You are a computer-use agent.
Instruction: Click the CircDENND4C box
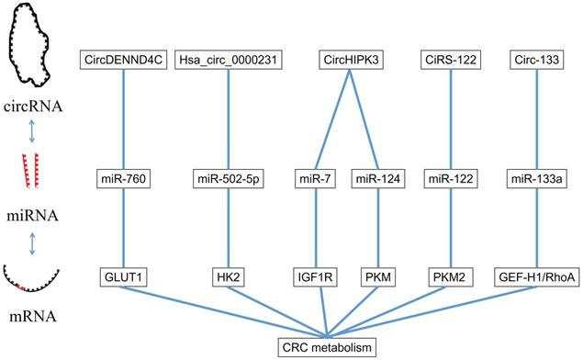[x=123, y=60]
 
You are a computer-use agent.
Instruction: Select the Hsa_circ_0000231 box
[x=229, y=60]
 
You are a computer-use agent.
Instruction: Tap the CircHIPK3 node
[x=351, y=60]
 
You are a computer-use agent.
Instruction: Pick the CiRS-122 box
[x=451, y=60]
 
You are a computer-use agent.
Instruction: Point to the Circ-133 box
[x=536, y=60]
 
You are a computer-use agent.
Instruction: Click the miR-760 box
[x=123, y=179]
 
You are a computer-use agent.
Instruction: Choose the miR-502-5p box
[x=229, y=179]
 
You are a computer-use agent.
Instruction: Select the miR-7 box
[x=315, y=179]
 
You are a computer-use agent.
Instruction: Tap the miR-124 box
[x=378, y=179]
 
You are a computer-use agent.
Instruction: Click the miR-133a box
[x=536, y=179]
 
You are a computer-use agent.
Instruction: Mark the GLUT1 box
[x=123, y=277]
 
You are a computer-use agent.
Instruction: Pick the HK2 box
[x=229, y=277]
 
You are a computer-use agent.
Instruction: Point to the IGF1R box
[x=315, y=277]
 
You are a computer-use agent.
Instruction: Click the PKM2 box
[x=451, y=277]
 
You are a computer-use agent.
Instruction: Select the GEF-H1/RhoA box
[x=536, y=277]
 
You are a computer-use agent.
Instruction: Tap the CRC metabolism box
[x=327, y=348]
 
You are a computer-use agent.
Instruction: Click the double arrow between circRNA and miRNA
[x=32, y=131]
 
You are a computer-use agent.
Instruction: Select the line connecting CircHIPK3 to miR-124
[x=364, y=119]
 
